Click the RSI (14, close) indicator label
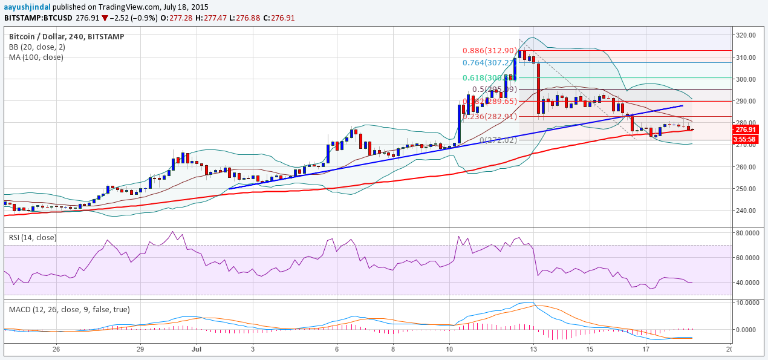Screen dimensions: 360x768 (x=33, y=238)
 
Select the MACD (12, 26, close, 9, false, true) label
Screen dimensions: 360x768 (x=70, y=309)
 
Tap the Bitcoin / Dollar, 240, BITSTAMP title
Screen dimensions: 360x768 (x=67, y=37)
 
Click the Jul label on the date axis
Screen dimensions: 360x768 (x=196, y=349)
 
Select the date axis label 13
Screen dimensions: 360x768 (x=533, y=349)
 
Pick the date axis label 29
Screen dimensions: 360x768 (x=140, y=349)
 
